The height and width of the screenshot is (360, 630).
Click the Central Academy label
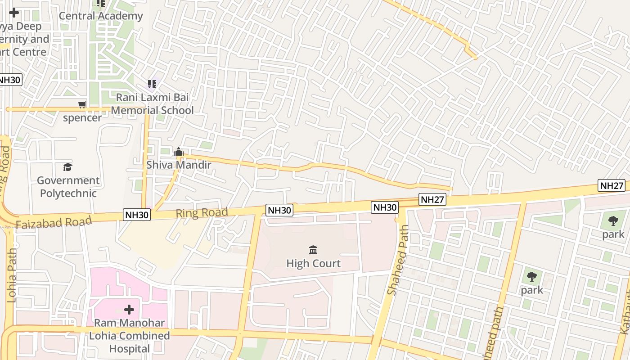click(101, 16)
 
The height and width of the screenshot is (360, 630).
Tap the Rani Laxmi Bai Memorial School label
click(152, 104)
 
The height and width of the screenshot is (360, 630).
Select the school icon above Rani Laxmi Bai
click(152, 84)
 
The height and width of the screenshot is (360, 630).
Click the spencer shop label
click(82, 118)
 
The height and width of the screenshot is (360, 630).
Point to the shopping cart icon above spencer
click(82, 105)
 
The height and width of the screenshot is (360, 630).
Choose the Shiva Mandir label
click(179, 165)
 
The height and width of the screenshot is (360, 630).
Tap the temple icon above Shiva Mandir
click(179, 152)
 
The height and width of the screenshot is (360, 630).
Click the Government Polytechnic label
click(68, 187)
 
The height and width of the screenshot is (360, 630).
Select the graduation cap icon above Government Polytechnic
click(67, 167)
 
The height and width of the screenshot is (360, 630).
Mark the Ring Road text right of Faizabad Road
click(202, 213)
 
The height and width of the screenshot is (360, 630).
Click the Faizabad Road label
click(54, 222)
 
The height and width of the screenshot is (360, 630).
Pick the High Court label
click(314, 263)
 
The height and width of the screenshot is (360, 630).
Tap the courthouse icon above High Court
click(314, 250)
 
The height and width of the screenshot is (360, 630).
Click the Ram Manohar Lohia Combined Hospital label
click(130, 336)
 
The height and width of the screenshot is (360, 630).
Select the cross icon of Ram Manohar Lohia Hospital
click(129, 310)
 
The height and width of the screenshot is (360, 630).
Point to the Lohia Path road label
click(12, 275)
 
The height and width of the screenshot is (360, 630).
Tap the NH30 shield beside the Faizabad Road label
click(136, 215)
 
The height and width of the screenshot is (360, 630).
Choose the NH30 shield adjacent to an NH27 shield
click(385, 207)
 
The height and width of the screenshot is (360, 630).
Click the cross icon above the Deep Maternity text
click(14, 13)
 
